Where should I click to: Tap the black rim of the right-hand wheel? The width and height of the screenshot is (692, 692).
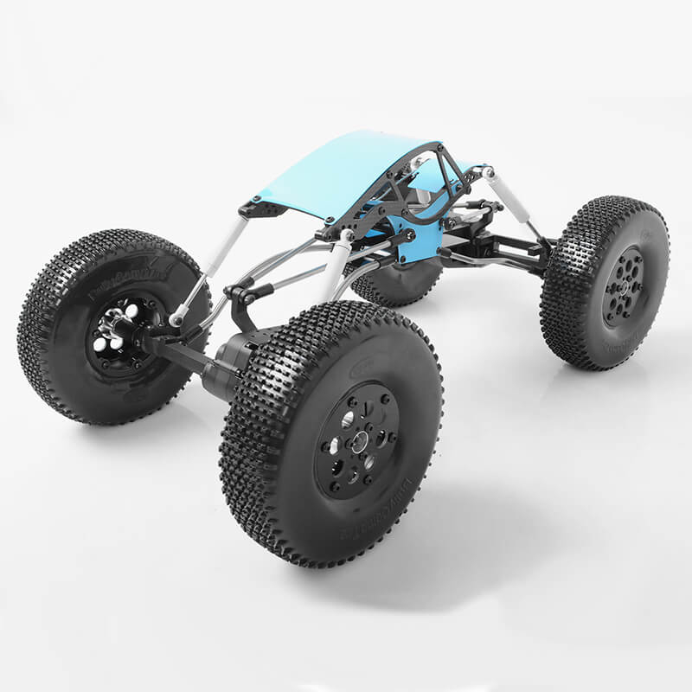(x=623, y=285)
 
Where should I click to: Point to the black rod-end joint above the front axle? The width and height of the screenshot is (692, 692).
(x=243, y=295)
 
